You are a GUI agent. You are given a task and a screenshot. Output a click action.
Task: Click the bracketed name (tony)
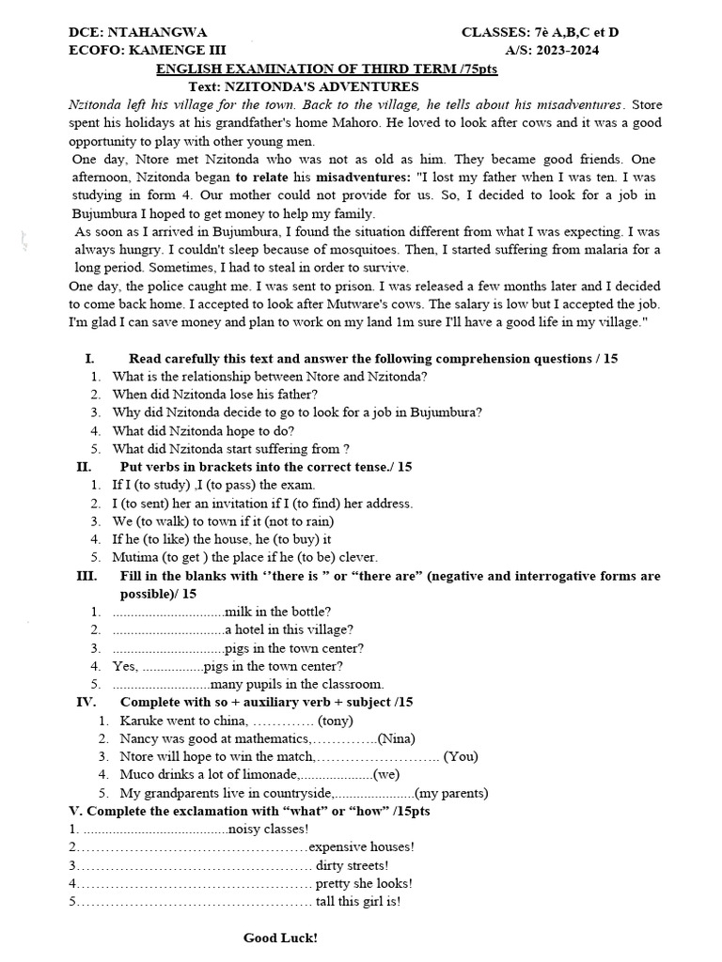click(x=336, y=721)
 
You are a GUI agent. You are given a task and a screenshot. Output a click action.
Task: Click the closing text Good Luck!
click(x=280, y=938)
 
